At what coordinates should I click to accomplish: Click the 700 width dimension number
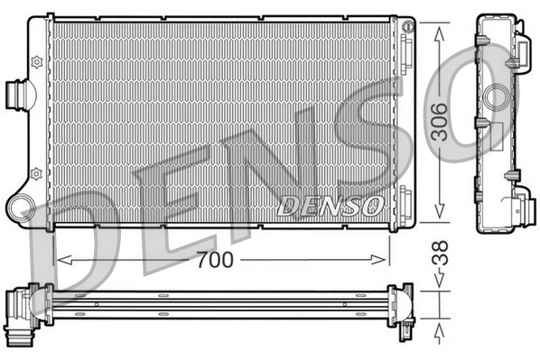tap(217, 260)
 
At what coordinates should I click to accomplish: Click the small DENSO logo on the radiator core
tap(330, 204)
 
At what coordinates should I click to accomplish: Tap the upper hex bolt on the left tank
tap(36, 61)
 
